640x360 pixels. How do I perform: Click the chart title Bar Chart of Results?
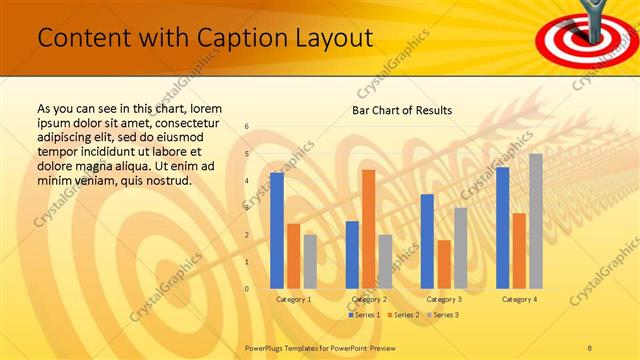point(402,110)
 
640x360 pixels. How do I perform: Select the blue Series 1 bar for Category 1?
point(277,231)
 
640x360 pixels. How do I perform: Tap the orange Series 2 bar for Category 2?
point(368,229)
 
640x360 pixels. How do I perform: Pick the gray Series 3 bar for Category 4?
point(536,221)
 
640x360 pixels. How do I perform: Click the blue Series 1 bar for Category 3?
point(427,241)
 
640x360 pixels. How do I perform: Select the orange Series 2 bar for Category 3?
point(444,264)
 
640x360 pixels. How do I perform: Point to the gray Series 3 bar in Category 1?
point(310,262)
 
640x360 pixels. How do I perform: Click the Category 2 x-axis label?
point(369,299)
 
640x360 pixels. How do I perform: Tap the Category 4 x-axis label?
point(519,299)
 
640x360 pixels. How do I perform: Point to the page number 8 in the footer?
point(590,347)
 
